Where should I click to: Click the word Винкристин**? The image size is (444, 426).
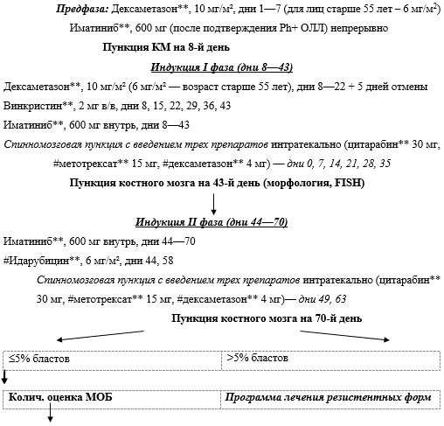tap(35, 106)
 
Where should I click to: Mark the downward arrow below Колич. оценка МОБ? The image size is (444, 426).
tap(49, 419)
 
